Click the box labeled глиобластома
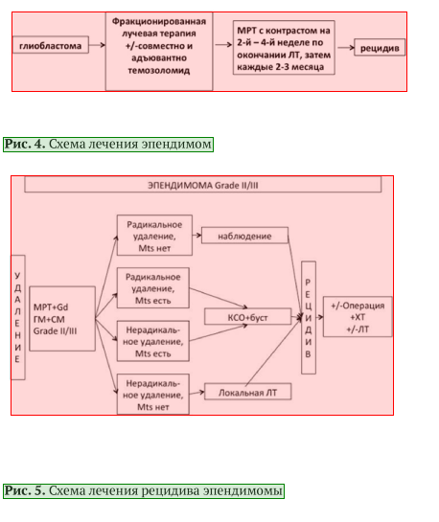(x=50, y=45)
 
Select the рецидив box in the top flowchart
(x=380, y=48)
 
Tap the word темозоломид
(x=159, y=71)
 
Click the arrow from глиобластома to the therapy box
(x=97, y=45)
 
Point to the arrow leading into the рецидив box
(x=346, y=48)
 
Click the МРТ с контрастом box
(x=284, y=48)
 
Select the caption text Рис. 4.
(x=24, y=145)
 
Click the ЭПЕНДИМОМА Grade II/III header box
(x=203, y=185)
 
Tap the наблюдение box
(x=244, y=236)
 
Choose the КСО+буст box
(x=247, y=317)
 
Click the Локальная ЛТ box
(x=247, y=392)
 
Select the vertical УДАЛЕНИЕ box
(x=18, y=317)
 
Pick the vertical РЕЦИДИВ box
(x=309, y=318)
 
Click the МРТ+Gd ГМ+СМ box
(x=62, y=319)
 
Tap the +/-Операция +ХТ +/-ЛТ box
(x=358, y=317)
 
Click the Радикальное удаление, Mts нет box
(x=154, y=236)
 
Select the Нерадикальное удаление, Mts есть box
(x=153, y=341)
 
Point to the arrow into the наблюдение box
(x=196, y=236)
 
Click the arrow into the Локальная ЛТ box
(x=196, y=393)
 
